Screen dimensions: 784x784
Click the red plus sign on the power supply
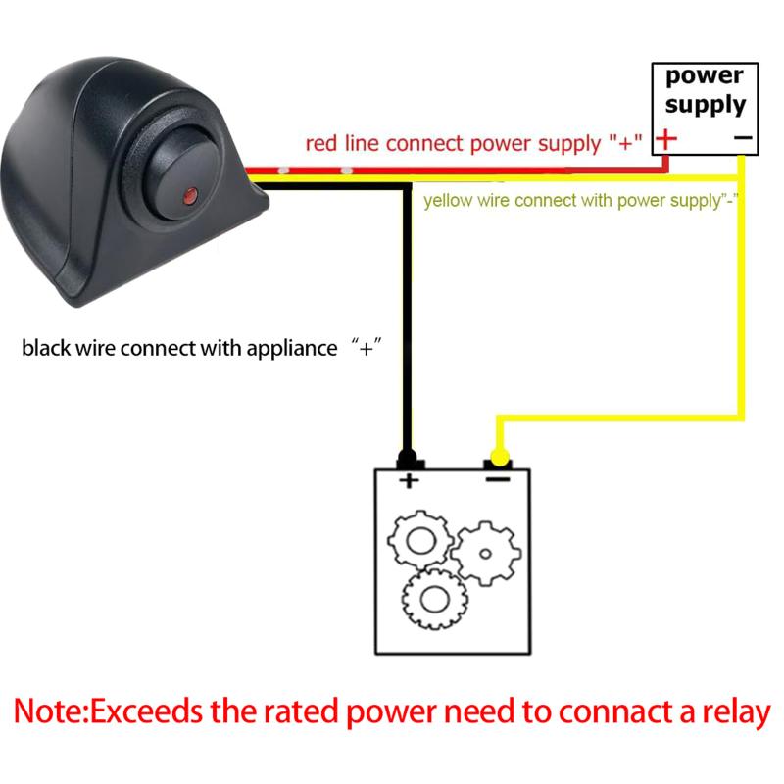(666, 139)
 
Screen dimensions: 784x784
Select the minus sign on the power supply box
(742, 140)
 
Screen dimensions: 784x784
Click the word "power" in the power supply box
(705, 76)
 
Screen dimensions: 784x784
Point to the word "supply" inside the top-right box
(706, 104)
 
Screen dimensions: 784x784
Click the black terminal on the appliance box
(408, 459)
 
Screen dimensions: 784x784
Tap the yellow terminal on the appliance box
(499, 458)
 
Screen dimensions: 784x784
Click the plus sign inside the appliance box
(408, 480)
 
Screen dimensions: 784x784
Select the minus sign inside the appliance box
(499, 480)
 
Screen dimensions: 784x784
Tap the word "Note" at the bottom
(49, 711)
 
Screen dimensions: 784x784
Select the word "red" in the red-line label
(321, 144)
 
